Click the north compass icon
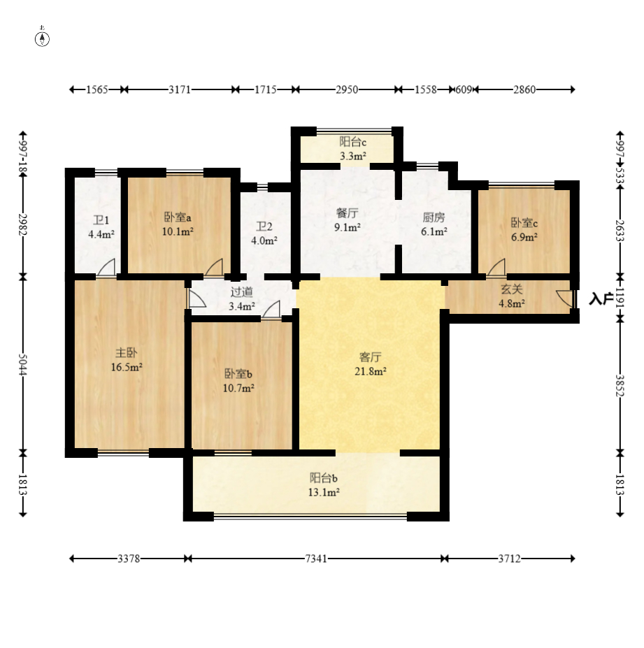[x=42, y=38]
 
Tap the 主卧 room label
[x=126, y=353]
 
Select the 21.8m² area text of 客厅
[x=371, y=371]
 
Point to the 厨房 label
[x=434, y=217]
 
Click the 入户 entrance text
[x=601, y=298]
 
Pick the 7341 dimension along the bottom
[x=316, y=559]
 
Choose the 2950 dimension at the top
[x=347, y=89]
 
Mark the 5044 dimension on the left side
[x=23, y=365]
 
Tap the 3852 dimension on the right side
[x=620, y=386]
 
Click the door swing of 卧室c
[x=496, y=267]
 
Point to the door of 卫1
[x=106, y=268]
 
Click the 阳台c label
[x=353, y=142]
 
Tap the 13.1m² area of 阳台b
[x=324, y=492]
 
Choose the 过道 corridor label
[x=242, y=292]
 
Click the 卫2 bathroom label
[x=264, y=226]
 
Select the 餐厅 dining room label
[x=348, y=213]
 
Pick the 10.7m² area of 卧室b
[x=238, y=389]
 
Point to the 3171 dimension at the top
[x=180, y=89]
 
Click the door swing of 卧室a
[x=214, y=267]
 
